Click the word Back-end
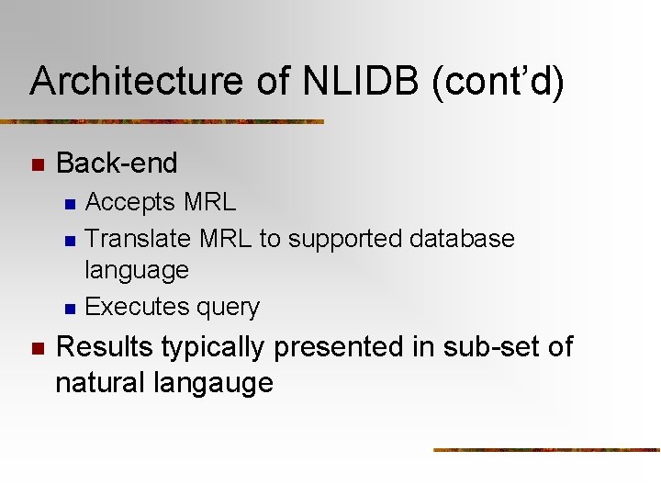(117, 163)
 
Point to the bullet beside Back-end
(37, 165)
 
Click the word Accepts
(130, 202)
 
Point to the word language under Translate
(136, 271)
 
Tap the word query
(229, 308)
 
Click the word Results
(105, 347)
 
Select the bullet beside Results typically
(37, 349)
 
